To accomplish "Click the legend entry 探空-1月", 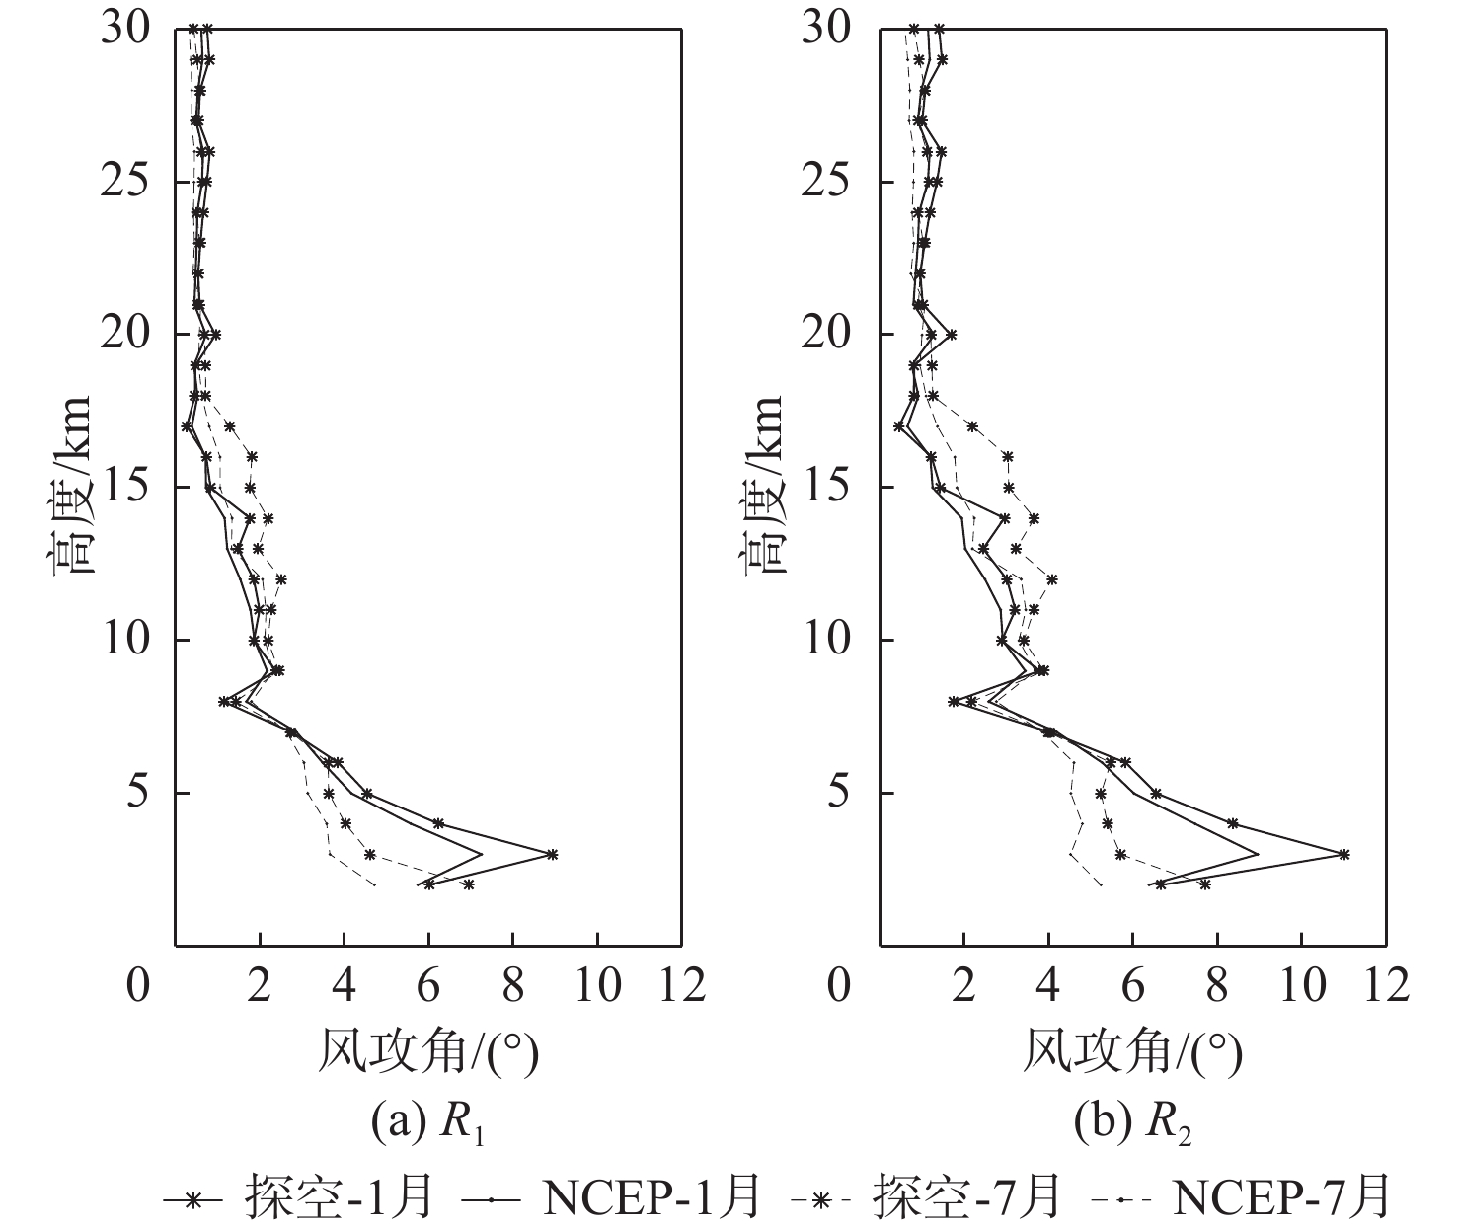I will point(296,1197).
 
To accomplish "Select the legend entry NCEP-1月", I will point(612,1197).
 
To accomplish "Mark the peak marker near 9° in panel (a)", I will point(552,854).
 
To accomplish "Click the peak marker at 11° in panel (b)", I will point(1343,854).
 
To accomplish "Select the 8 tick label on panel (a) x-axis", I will point(512,984).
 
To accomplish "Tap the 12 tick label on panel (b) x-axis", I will point(1385,984).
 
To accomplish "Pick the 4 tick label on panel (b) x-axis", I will point(1048,984).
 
